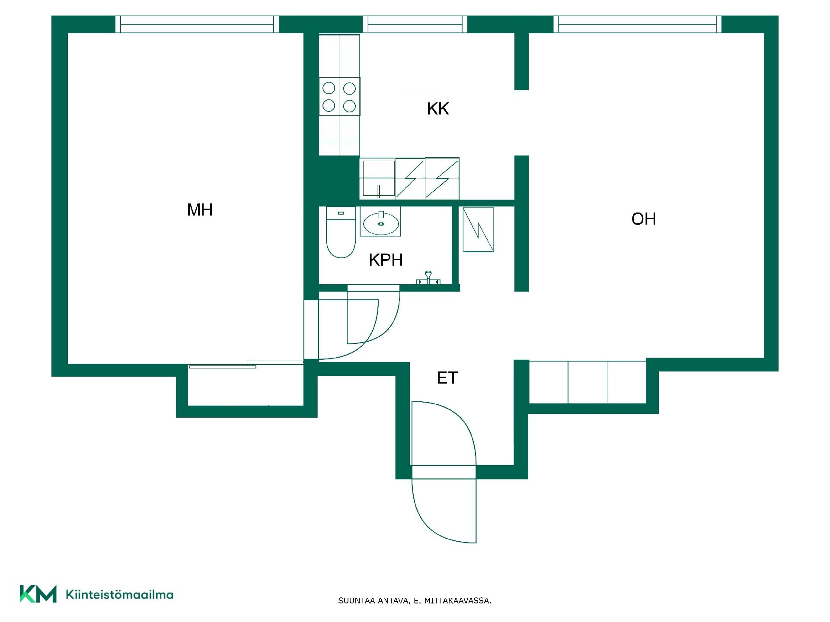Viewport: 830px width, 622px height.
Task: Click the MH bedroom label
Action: point(200,210)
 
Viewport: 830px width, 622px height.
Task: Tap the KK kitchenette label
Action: point(438,109)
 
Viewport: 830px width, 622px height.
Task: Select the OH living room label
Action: point(644,219)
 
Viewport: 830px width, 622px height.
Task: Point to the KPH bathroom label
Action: point(386,260)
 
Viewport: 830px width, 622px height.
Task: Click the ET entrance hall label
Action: point(447,378)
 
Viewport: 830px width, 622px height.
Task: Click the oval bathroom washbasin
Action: point(380,223)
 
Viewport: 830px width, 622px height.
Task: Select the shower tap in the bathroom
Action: point(428,278)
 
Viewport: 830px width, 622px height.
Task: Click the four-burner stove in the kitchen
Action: point(339,97)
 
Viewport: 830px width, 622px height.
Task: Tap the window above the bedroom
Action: point(197,24)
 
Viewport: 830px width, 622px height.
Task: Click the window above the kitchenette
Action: point(415,24)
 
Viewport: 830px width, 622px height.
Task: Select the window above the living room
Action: point(638,24)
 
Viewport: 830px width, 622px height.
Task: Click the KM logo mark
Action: point(38,594)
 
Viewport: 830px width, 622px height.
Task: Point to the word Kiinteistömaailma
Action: point(120,595)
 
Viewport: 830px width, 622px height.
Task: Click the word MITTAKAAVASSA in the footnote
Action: point(458,601)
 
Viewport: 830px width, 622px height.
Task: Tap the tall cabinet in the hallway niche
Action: point(478,230)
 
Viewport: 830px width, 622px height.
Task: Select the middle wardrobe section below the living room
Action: point(587,382)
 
